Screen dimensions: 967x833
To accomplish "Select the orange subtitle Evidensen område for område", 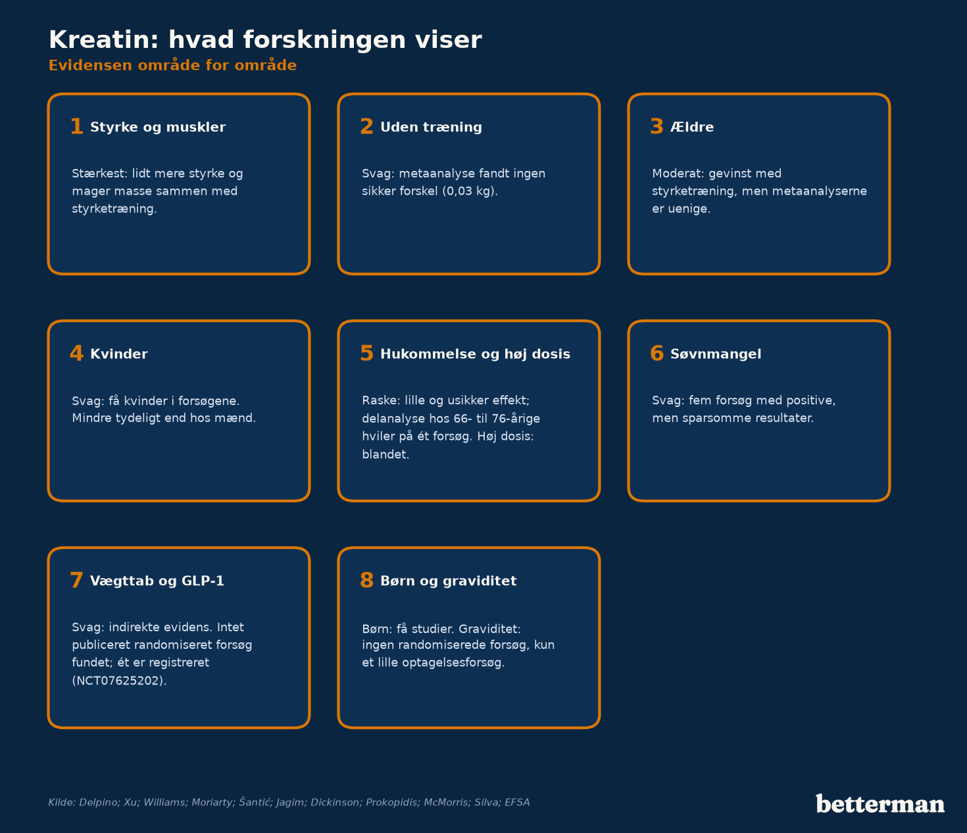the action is pos(172,66).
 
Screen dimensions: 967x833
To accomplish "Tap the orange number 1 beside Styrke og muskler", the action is pos(77,127).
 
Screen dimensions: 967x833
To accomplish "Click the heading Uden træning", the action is pos(431,127).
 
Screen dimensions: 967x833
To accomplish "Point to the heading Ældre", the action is pos(692,127).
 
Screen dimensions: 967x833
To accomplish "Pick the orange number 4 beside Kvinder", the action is pos(77,354).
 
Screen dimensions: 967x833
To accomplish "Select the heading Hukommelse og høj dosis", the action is pos(476,354).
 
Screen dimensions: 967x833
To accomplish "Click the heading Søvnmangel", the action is pos(716,354).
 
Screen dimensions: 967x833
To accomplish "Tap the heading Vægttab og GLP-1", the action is pos(157,581).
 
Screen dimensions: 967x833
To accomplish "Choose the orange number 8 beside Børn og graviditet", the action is pos(367,581).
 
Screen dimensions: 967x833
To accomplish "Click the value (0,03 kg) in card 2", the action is pos(468,191).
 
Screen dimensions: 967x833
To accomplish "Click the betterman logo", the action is pos(880,803).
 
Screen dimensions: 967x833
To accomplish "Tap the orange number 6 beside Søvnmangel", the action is pos(657,354).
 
